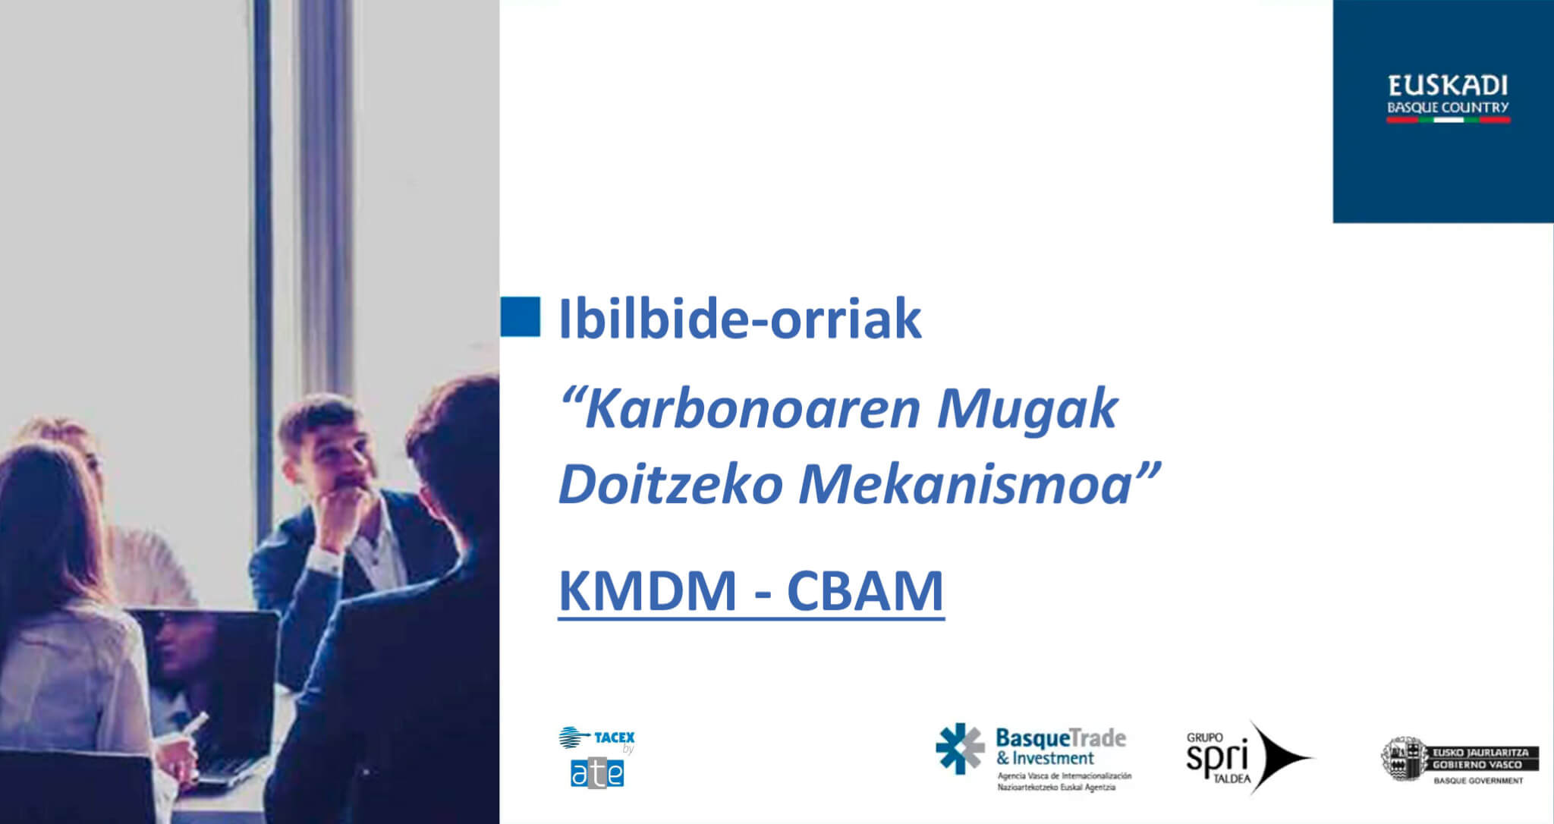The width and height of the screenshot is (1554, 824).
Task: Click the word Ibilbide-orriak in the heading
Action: (740, 319)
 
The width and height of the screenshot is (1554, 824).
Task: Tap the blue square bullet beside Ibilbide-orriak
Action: (521, 316)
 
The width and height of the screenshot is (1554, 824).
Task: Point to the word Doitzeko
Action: (671, 484)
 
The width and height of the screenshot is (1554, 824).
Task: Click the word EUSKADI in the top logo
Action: (1448, 86)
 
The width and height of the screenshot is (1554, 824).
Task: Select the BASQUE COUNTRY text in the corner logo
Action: (1448, 108)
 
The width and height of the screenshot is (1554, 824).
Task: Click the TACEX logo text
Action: (615, 737)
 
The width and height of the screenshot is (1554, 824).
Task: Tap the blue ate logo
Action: (597, 772)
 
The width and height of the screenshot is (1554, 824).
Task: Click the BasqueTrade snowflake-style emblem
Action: (960, 748)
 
